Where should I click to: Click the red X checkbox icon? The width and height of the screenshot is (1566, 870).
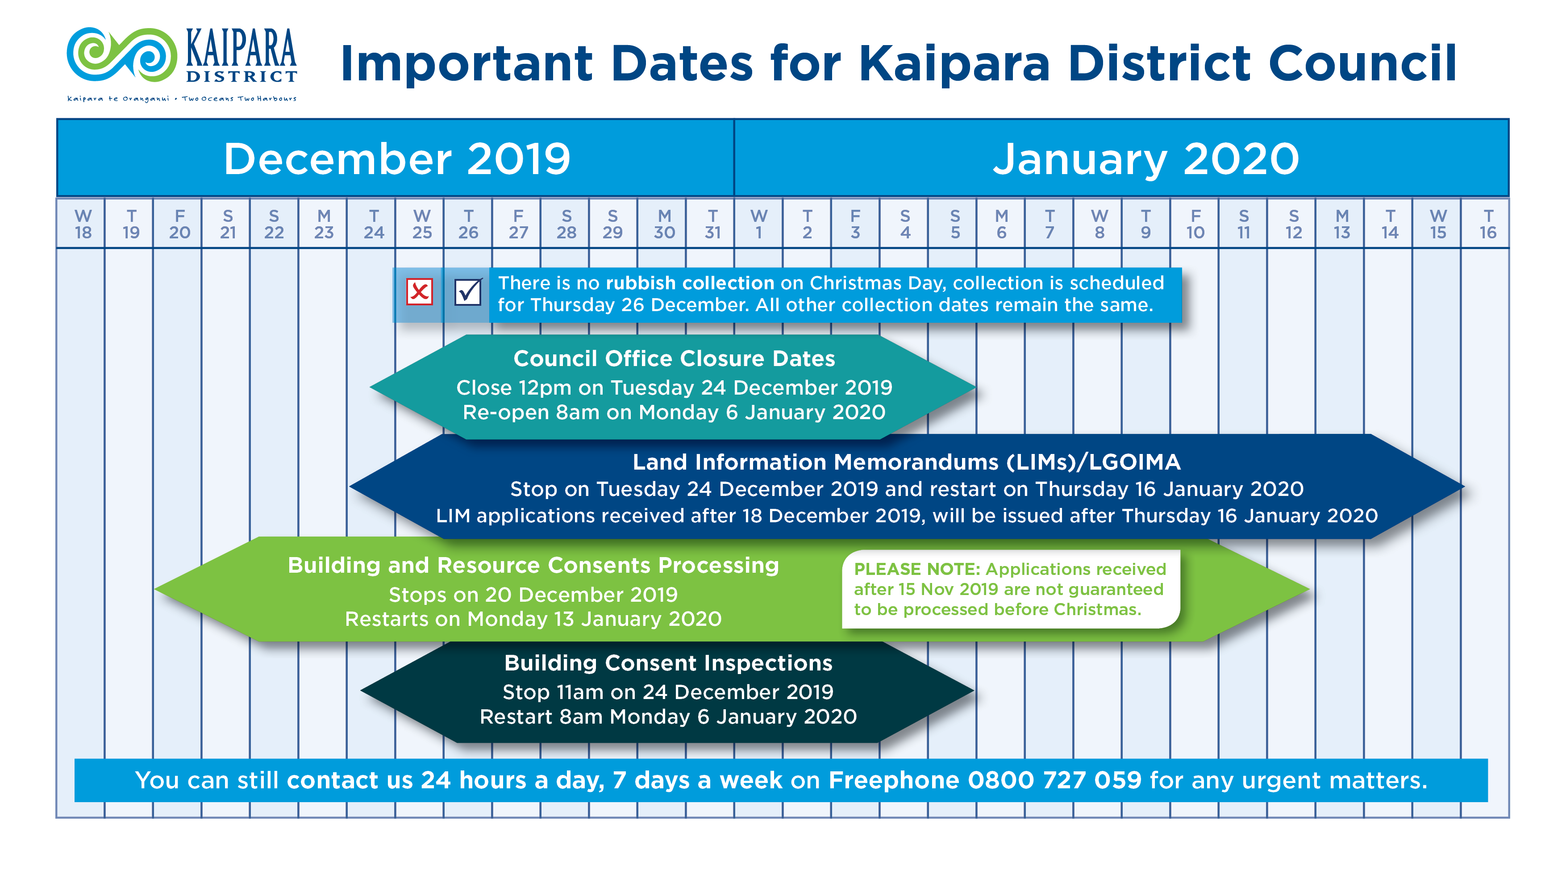tap(420, 292)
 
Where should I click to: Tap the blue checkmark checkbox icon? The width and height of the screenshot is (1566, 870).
tap(467, 292)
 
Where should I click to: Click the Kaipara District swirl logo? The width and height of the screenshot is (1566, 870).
tap(121, 55)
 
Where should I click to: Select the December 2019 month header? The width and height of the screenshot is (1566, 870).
tap(396, 158)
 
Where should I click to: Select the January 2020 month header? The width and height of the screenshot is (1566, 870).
tap(1145, 158)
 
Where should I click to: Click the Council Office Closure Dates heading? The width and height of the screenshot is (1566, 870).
tap(674, 359)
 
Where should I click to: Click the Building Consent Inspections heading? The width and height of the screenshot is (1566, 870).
tap(668, 663)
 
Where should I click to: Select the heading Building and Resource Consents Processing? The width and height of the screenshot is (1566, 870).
tap(533, 566)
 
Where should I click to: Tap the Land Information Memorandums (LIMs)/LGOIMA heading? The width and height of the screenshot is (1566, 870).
tap(906, 462)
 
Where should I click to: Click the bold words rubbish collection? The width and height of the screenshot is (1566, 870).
tap(690, 283)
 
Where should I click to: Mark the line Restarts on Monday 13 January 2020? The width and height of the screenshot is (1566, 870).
tap(533, 619)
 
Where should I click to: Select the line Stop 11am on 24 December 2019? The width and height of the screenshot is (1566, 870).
tap(668, 692)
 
